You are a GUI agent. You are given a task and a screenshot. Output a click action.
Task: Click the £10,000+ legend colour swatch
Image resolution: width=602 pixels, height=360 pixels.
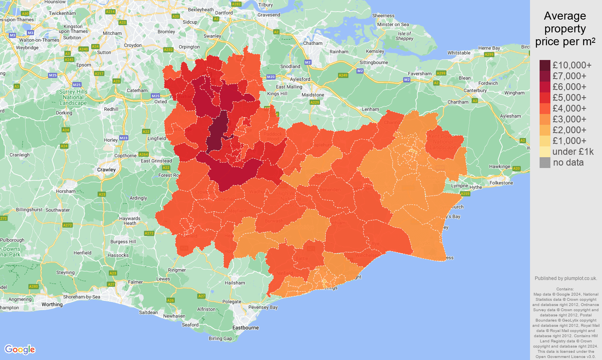pos(545,65)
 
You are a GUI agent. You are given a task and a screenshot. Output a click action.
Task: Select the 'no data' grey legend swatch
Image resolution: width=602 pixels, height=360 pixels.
pos(545,162)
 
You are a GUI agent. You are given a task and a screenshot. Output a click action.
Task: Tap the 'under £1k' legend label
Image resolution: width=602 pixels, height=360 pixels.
pos(573,152)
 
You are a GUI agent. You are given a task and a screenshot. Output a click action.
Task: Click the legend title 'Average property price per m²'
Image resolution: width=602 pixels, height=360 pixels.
pos(565,29)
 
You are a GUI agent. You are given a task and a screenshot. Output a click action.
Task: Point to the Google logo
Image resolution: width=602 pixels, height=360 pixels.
pos(20,349)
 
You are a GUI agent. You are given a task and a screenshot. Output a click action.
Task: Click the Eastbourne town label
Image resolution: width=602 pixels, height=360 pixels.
pos(245,328)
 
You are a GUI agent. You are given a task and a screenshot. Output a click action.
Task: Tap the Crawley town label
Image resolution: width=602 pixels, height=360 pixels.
pos(106,170)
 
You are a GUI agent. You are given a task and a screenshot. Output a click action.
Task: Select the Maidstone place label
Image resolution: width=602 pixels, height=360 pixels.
pos(313,95)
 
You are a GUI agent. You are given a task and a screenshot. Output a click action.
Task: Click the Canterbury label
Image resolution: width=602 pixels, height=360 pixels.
pos(475,90)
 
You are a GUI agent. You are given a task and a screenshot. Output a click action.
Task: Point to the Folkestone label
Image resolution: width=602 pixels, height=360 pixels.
pos(501,183)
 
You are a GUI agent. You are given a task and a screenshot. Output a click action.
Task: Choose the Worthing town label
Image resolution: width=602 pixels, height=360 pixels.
pos(52,304)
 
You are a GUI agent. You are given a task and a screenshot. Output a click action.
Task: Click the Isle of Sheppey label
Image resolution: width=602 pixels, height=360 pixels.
pos(404,36)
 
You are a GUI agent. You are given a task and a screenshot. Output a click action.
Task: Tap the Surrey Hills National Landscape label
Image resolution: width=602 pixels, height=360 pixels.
pos(73,97)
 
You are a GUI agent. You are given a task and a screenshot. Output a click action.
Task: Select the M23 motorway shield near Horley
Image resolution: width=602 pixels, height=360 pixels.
pos(124,138)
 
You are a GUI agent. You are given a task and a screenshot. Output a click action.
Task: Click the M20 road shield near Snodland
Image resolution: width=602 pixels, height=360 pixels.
pos(271,77)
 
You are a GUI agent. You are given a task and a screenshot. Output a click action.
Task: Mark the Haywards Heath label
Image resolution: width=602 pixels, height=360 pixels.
pos(130,221)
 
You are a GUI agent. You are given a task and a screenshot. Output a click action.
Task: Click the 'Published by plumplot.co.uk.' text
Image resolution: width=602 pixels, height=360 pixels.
pos(565,278)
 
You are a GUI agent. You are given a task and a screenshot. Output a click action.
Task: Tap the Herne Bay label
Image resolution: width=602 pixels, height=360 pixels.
pos(489,48)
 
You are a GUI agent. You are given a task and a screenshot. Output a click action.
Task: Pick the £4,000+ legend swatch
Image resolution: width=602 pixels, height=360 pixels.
pos(545,108)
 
